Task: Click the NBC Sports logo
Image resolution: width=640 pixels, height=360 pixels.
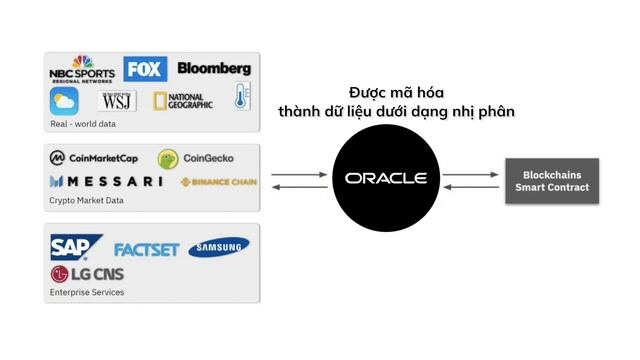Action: (82, 71)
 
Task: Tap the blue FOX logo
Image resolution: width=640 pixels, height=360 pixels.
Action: (145, 69)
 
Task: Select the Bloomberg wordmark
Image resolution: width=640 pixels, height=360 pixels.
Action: (214, 68)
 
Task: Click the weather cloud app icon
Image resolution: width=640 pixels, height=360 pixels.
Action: (65, 101)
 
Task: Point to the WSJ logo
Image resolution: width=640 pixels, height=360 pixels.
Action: (118, 101)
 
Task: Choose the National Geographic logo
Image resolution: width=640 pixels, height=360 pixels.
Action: (181, 100)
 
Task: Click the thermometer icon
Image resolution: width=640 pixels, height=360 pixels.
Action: (241, 97)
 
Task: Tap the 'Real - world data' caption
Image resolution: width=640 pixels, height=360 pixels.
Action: (83, 124)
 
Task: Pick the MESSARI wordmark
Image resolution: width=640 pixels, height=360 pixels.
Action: (105, 181)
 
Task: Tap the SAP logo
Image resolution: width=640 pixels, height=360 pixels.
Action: (75, 247)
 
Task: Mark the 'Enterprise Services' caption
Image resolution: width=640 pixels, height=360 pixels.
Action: (87, 293)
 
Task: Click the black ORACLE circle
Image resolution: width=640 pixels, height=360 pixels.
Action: (385, 179)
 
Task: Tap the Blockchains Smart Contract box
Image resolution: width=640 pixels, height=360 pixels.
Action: (552, 181)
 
